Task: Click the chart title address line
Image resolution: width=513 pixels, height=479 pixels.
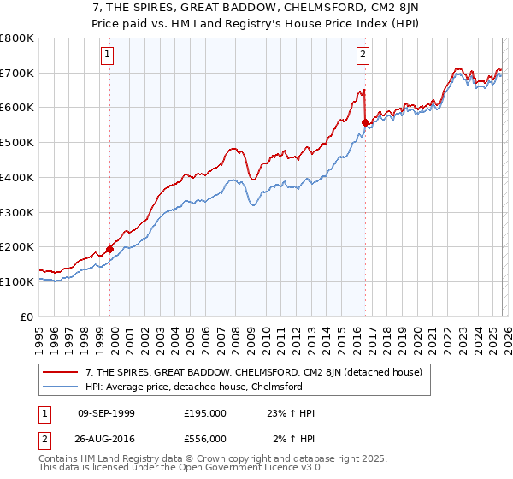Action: pos(256,9)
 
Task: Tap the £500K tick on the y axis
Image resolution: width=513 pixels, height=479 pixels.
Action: pos(17,143)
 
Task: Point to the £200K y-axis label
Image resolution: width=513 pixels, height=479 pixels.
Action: pos(17,247)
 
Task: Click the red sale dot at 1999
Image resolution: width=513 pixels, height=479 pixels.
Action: pos(109,249)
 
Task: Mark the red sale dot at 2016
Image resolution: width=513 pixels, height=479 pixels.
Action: pos(365,123)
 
